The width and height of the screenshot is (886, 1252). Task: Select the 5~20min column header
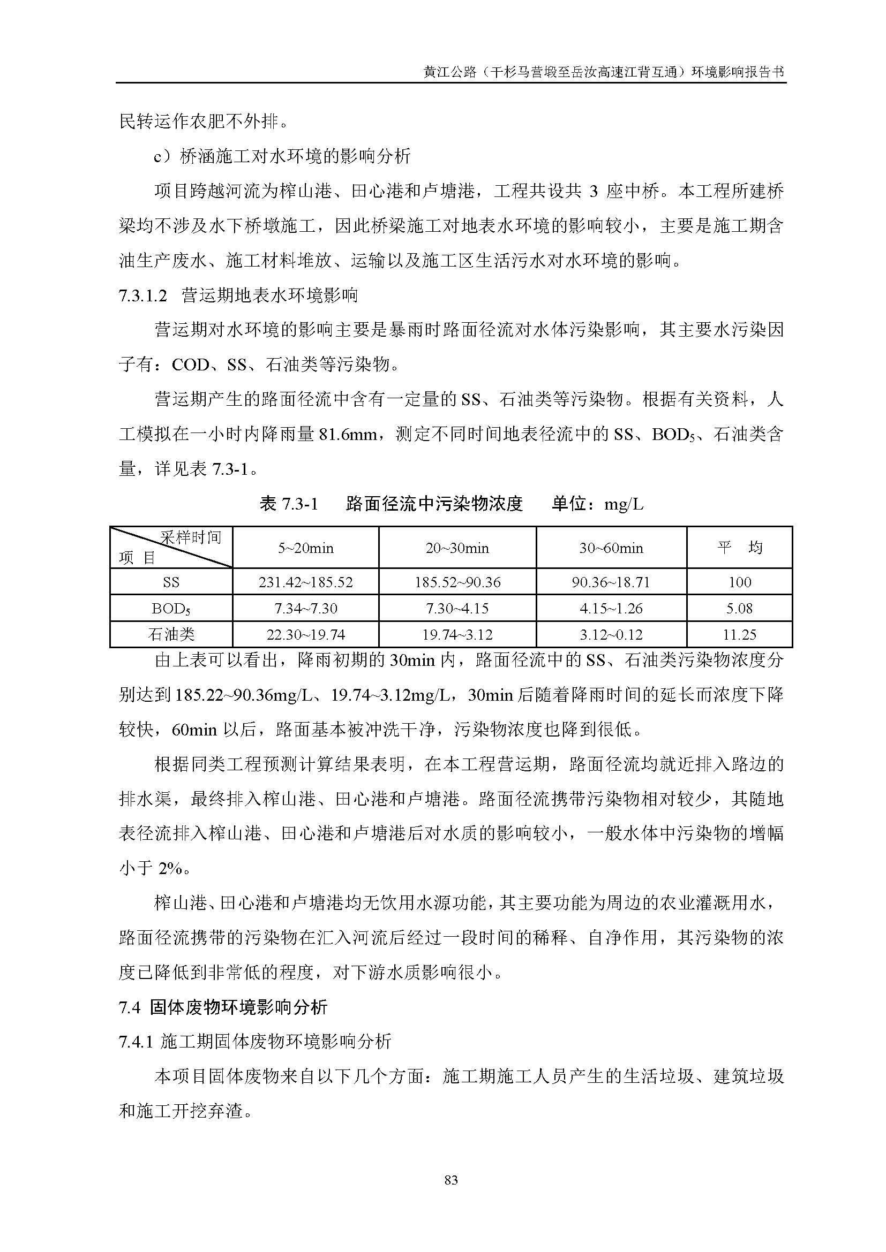click(x=305, y=548)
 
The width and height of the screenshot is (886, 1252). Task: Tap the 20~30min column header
click(x=457, y=548)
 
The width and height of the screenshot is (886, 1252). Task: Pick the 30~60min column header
click(x=611, y=548)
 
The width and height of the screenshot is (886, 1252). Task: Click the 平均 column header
click(x=739, y=548)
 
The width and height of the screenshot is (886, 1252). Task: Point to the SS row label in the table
click(x=171, y=582)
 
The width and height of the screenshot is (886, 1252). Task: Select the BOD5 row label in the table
click(x=171, y=609)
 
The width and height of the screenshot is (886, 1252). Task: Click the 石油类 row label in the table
click(x=171, y=635)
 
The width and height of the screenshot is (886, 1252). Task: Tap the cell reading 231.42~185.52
click(x=305, y=582)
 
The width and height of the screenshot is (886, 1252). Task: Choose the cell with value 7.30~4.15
click(x=457, y=609)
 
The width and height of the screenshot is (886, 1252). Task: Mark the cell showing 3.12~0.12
click(x=611, y=635)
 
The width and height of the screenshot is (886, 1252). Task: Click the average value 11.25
click(x=739, y=635)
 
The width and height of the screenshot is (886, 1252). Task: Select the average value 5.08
click(x=739, y=609)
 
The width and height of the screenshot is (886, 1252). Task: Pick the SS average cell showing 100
click(x=739, y=582)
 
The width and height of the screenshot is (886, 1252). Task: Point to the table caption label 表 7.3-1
click(x=289, y=504)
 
